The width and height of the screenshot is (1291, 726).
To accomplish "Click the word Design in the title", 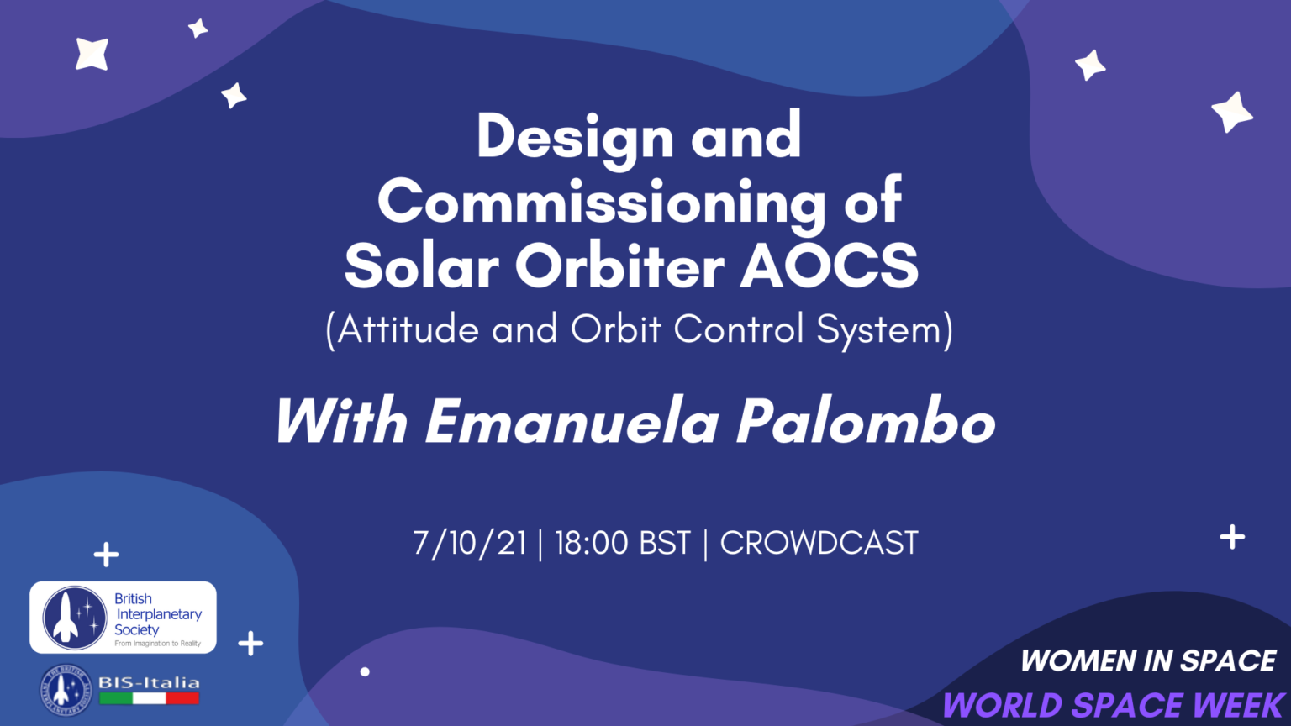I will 575,138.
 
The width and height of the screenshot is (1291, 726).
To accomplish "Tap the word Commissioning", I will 601,203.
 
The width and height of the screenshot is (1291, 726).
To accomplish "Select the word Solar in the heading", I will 422,267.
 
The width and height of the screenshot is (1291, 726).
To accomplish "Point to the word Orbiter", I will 619,267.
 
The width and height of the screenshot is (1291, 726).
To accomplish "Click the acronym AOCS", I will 829,267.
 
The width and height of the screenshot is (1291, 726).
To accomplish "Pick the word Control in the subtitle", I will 738,329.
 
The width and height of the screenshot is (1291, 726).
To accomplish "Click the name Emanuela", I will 572,421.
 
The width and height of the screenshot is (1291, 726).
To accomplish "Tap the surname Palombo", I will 866,421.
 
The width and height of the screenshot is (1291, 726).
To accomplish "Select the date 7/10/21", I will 469,544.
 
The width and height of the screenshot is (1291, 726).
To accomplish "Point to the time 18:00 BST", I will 622,544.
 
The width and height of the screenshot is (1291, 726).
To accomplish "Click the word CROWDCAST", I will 819,544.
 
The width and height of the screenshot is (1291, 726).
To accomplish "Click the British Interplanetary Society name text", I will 157,614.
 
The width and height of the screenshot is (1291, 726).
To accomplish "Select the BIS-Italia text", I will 149,682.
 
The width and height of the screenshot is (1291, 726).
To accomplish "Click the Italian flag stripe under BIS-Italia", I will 149,697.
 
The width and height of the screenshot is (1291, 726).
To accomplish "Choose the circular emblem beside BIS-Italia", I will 66,690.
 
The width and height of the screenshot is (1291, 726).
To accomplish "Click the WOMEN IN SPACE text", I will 1148,661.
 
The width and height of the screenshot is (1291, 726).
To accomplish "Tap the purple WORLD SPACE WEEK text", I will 1114,705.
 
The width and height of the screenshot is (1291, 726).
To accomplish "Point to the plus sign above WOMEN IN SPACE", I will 1232,537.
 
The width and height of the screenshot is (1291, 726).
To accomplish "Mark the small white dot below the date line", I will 365,671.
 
